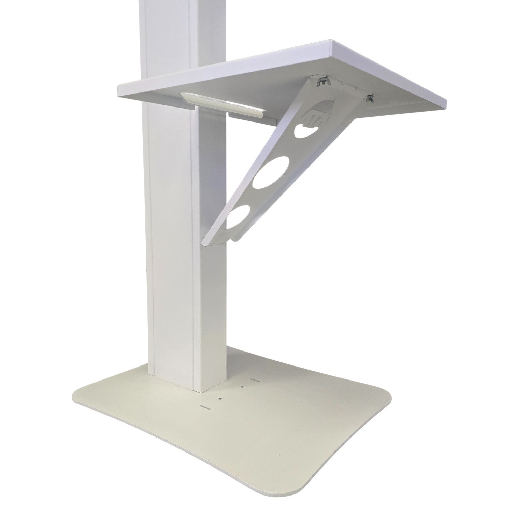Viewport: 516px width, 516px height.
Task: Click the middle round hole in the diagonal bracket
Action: (272, 173)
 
